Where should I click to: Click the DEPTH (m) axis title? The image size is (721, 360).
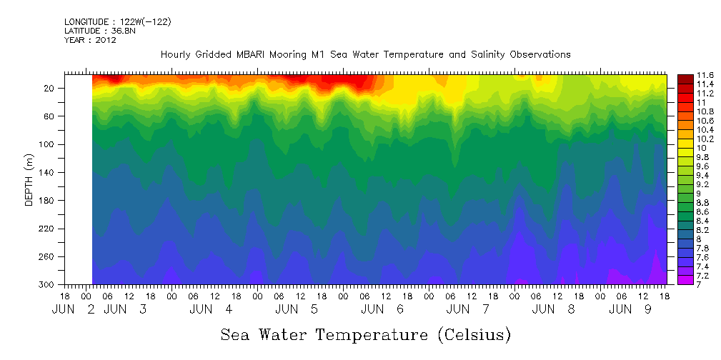click(29, 179)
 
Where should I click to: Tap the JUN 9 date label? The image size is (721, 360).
click(629, 309)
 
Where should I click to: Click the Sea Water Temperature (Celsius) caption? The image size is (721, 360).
click(365, 334)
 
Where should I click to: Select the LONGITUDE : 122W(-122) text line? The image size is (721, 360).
click(117, 22)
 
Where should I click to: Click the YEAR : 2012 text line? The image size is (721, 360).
click(90, 40)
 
